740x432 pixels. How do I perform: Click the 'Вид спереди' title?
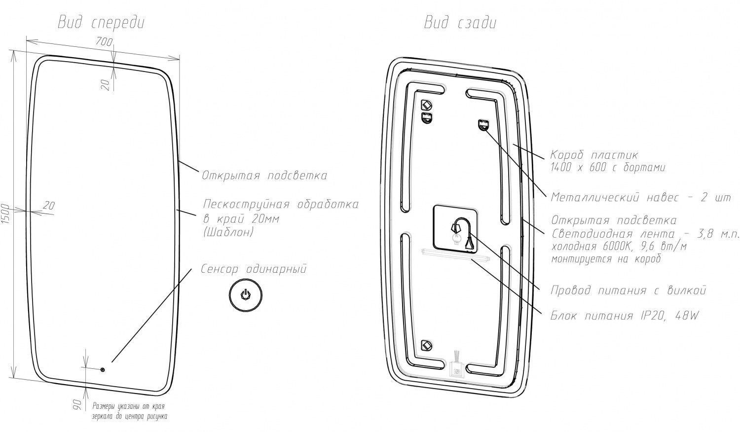pyautogui.click(x=101, y=23)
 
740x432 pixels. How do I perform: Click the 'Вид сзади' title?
pyautogui.click(x=460, y=23)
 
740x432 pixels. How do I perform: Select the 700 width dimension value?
pyautogui.click(x=104, y=42)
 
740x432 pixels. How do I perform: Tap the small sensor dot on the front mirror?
pyautogui.click(x=103, y=369)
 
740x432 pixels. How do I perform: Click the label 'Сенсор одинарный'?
pyautogui.click(x=254, y=269)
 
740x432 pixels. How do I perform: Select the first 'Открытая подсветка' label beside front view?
pyautogui.click(x=264, y=176)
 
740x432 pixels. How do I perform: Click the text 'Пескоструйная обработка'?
pyautogui.click(x=281, y=204)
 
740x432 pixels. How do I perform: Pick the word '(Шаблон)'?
pyautogui.click(x=228, y=232)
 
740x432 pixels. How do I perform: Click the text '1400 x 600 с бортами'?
pyautogui.click(x=608, y=168)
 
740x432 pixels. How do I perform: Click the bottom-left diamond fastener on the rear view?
pyautogui.click(x=426, y=345)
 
